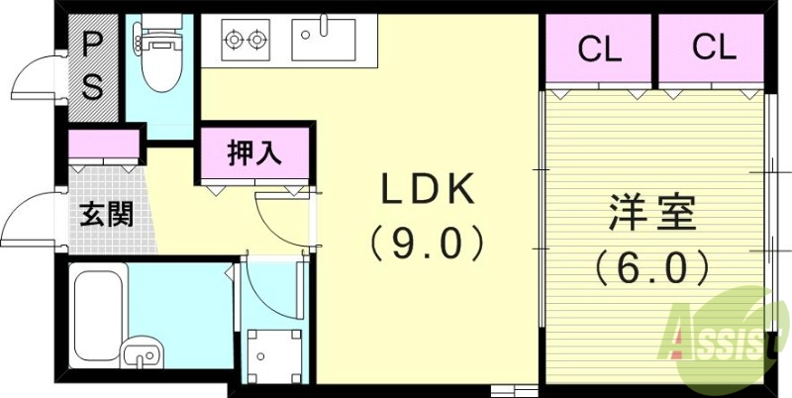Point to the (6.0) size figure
653,265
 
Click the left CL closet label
600,49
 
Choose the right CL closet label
715,48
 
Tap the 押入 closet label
254,153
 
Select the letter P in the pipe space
92,44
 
